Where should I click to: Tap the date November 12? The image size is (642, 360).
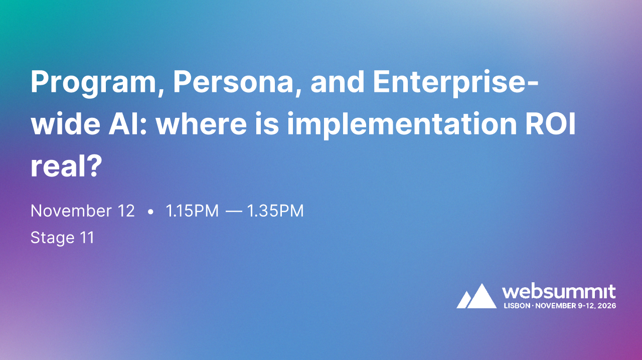[83, 211]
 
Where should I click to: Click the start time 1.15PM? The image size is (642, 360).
[192, 211]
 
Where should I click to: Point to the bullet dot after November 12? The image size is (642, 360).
[150, 212]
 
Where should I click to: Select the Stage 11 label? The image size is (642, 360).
[62, 237]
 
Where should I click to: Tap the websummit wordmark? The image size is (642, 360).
[559, 291]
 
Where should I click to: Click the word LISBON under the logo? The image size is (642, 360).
[516, 305]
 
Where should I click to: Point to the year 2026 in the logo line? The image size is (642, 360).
[607, 305]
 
